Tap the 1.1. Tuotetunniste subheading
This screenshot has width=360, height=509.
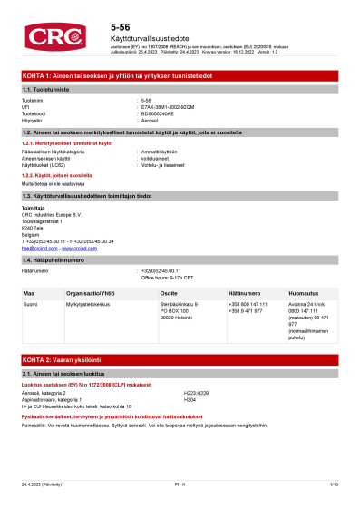(46, 91)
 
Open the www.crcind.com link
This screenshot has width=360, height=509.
(78, 248)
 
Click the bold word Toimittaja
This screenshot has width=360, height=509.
(34, 208)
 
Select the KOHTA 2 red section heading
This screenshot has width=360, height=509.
(66, 360)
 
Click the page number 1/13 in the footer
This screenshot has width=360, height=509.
(334, 485)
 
